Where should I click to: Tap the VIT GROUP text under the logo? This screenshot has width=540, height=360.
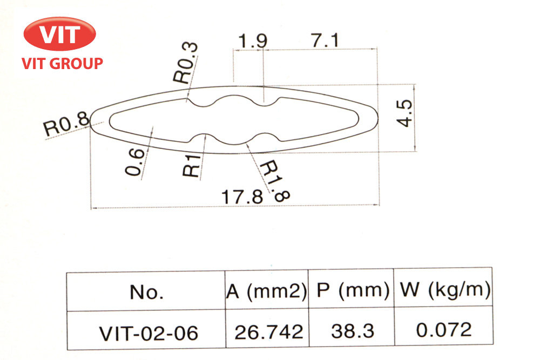click(x=62, y=64)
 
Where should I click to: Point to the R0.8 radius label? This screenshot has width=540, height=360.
click(x=66, y=126)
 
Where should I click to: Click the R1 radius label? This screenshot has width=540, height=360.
click(x=192, y=166)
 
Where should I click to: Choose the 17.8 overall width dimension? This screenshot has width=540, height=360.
click(x=242, y=196)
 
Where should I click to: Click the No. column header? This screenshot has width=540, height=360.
click(x=146, y=293)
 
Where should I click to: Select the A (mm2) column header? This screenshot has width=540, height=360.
click(x=266, y=291)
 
